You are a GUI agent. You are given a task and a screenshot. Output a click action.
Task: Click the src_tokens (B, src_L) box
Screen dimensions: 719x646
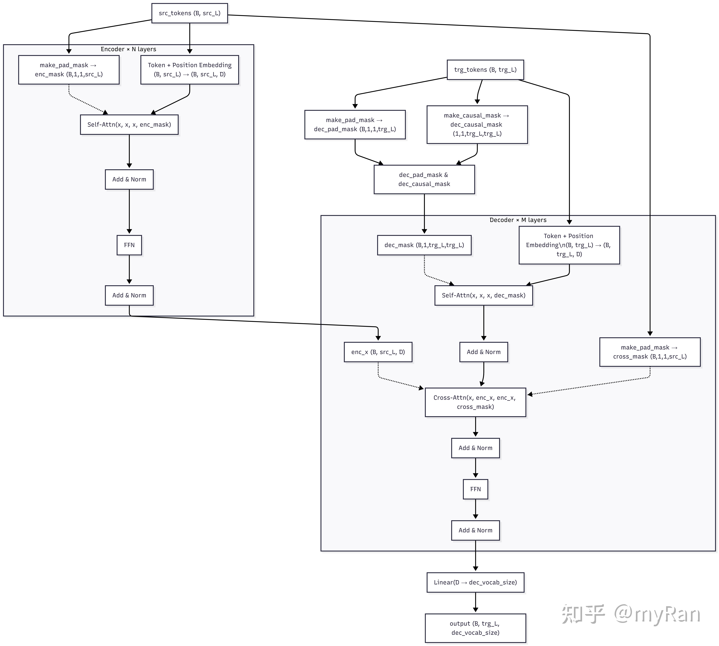(x=190, y=13)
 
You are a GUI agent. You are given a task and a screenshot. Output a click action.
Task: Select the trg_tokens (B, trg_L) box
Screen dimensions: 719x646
(x=485, y=70)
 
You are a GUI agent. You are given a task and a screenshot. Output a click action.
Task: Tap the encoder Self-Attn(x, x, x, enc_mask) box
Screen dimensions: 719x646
(x=129, y=125)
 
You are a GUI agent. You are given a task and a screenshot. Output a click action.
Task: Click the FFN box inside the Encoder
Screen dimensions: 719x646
(x=129, y=245)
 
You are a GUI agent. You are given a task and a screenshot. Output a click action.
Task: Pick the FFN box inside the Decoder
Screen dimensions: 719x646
(x=475, y=489)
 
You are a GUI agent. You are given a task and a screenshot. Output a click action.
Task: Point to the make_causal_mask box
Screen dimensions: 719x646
(x=477, y=125)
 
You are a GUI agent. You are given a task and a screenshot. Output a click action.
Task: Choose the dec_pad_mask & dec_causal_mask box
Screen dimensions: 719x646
(x=424, y=179)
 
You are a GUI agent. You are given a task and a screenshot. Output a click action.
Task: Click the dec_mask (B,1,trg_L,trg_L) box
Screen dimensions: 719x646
(x=424, y=245)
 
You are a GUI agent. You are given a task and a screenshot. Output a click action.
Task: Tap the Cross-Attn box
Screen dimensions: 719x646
(x=475, y=402)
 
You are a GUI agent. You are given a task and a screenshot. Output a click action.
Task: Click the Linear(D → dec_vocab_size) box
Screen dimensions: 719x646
(x=475, y=582)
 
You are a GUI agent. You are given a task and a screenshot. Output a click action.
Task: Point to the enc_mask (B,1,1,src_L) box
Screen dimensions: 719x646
(x=69, y=70)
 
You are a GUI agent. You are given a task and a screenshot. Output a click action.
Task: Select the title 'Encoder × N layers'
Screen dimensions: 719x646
(x=129, y=49)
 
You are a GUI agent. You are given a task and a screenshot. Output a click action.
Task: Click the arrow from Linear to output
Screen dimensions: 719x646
(x=475, y=603)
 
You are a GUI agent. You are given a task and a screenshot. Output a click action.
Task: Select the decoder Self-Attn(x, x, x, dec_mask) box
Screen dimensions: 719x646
(x=483, y=295)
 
